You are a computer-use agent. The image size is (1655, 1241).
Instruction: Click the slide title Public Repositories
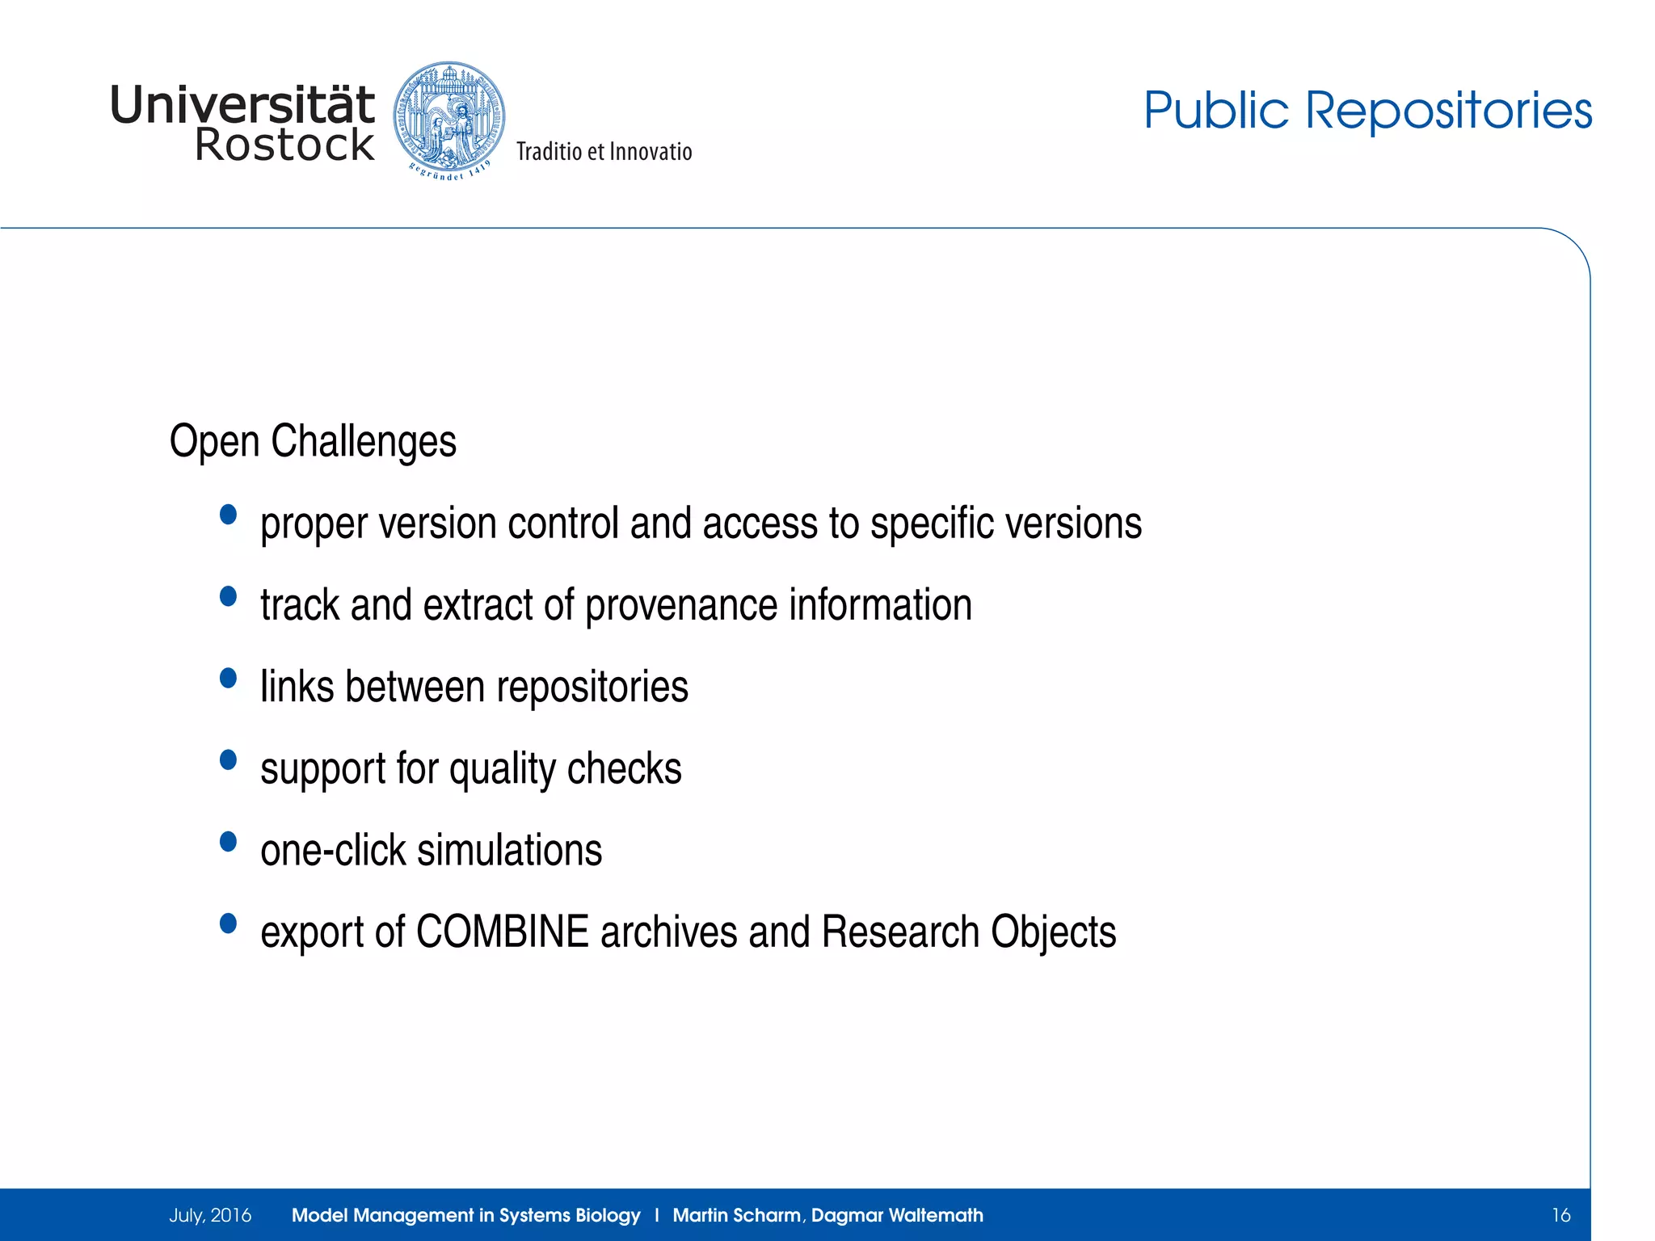pos(1367,110)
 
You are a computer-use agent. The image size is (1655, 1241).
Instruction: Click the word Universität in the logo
pos(242,105)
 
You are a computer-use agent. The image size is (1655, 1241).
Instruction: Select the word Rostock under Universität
pos(284,145)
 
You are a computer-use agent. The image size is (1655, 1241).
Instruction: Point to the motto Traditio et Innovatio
pos(604,152)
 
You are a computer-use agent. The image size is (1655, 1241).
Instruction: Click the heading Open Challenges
pos(313,441)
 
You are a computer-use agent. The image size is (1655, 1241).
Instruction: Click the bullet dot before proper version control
pos(229,515)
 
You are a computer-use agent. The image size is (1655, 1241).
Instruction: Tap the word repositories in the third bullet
pos(592,688)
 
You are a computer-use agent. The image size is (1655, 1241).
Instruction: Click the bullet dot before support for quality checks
pos(229,759)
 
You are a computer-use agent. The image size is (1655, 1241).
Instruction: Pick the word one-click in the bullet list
pos(333,851)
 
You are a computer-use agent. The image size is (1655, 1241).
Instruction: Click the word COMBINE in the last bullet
pos(502,932)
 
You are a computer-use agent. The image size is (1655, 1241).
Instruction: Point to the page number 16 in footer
pos(1560,1215)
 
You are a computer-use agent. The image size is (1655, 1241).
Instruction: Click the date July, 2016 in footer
pos(210,1215)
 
